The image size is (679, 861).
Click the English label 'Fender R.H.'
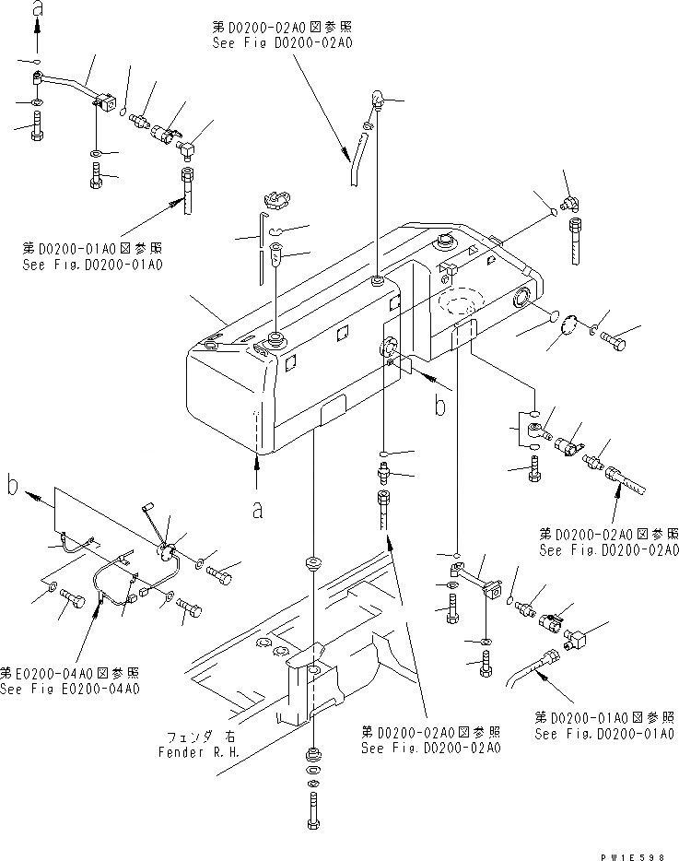200,750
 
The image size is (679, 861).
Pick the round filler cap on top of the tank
446,244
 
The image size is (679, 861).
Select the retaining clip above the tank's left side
275,198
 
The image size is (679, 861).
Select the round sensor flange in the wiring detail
169,549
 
